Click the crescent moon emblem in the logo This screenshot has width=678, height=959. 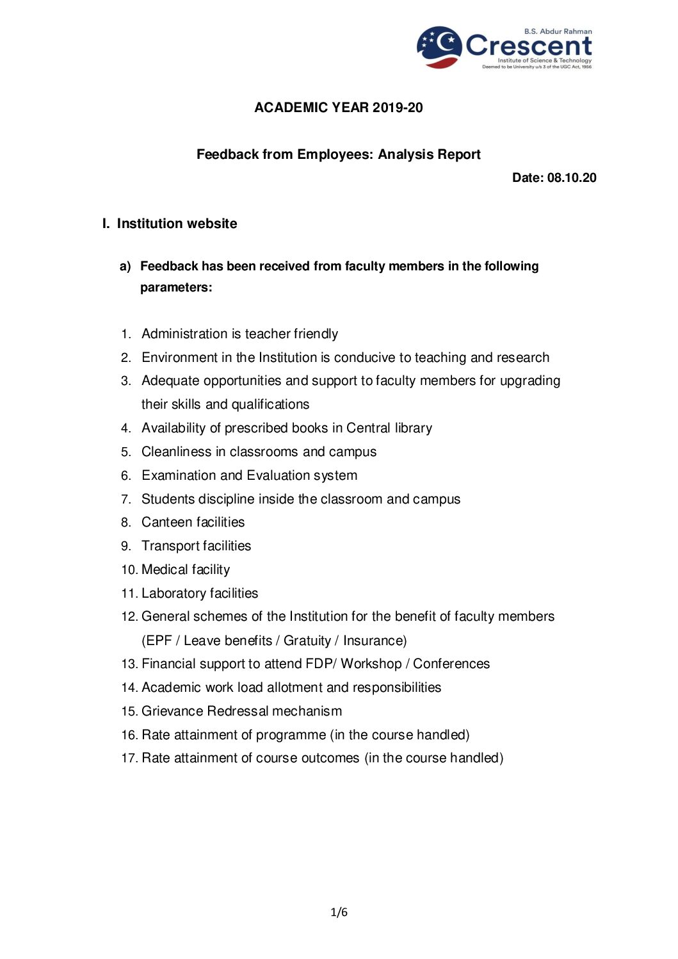[439, 47]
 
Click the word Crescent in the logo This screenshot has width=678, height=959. [529, 46]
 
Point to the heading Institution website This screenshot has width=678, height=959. [177, 224]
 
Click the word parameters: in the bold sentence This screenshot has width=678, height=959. [176, 288]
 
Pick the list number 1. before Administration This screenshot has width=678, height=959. [126, 334]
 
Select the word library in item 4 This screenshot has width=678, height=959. [413, 428]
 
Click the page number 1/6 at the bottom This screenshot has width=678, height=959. [339, 912]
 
